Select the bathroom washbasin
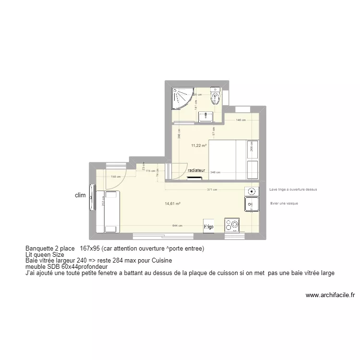(208, 116)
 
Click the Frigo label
(208, 226)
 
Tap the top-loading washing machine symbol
(251, 192)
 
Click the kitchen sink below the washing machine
(251, 205)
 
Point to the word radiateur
(197, 170)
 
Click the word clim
(80, 195)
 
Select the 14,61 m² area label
(172, 204)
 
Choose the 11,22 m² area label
(199, 145)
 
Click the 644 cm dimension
(178, 225)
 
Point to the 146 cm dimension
(240, 120)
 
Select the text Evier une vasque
(284, 204)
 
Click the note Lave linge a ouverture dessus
(293, 190)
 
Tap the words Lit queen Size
(45, 254)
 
